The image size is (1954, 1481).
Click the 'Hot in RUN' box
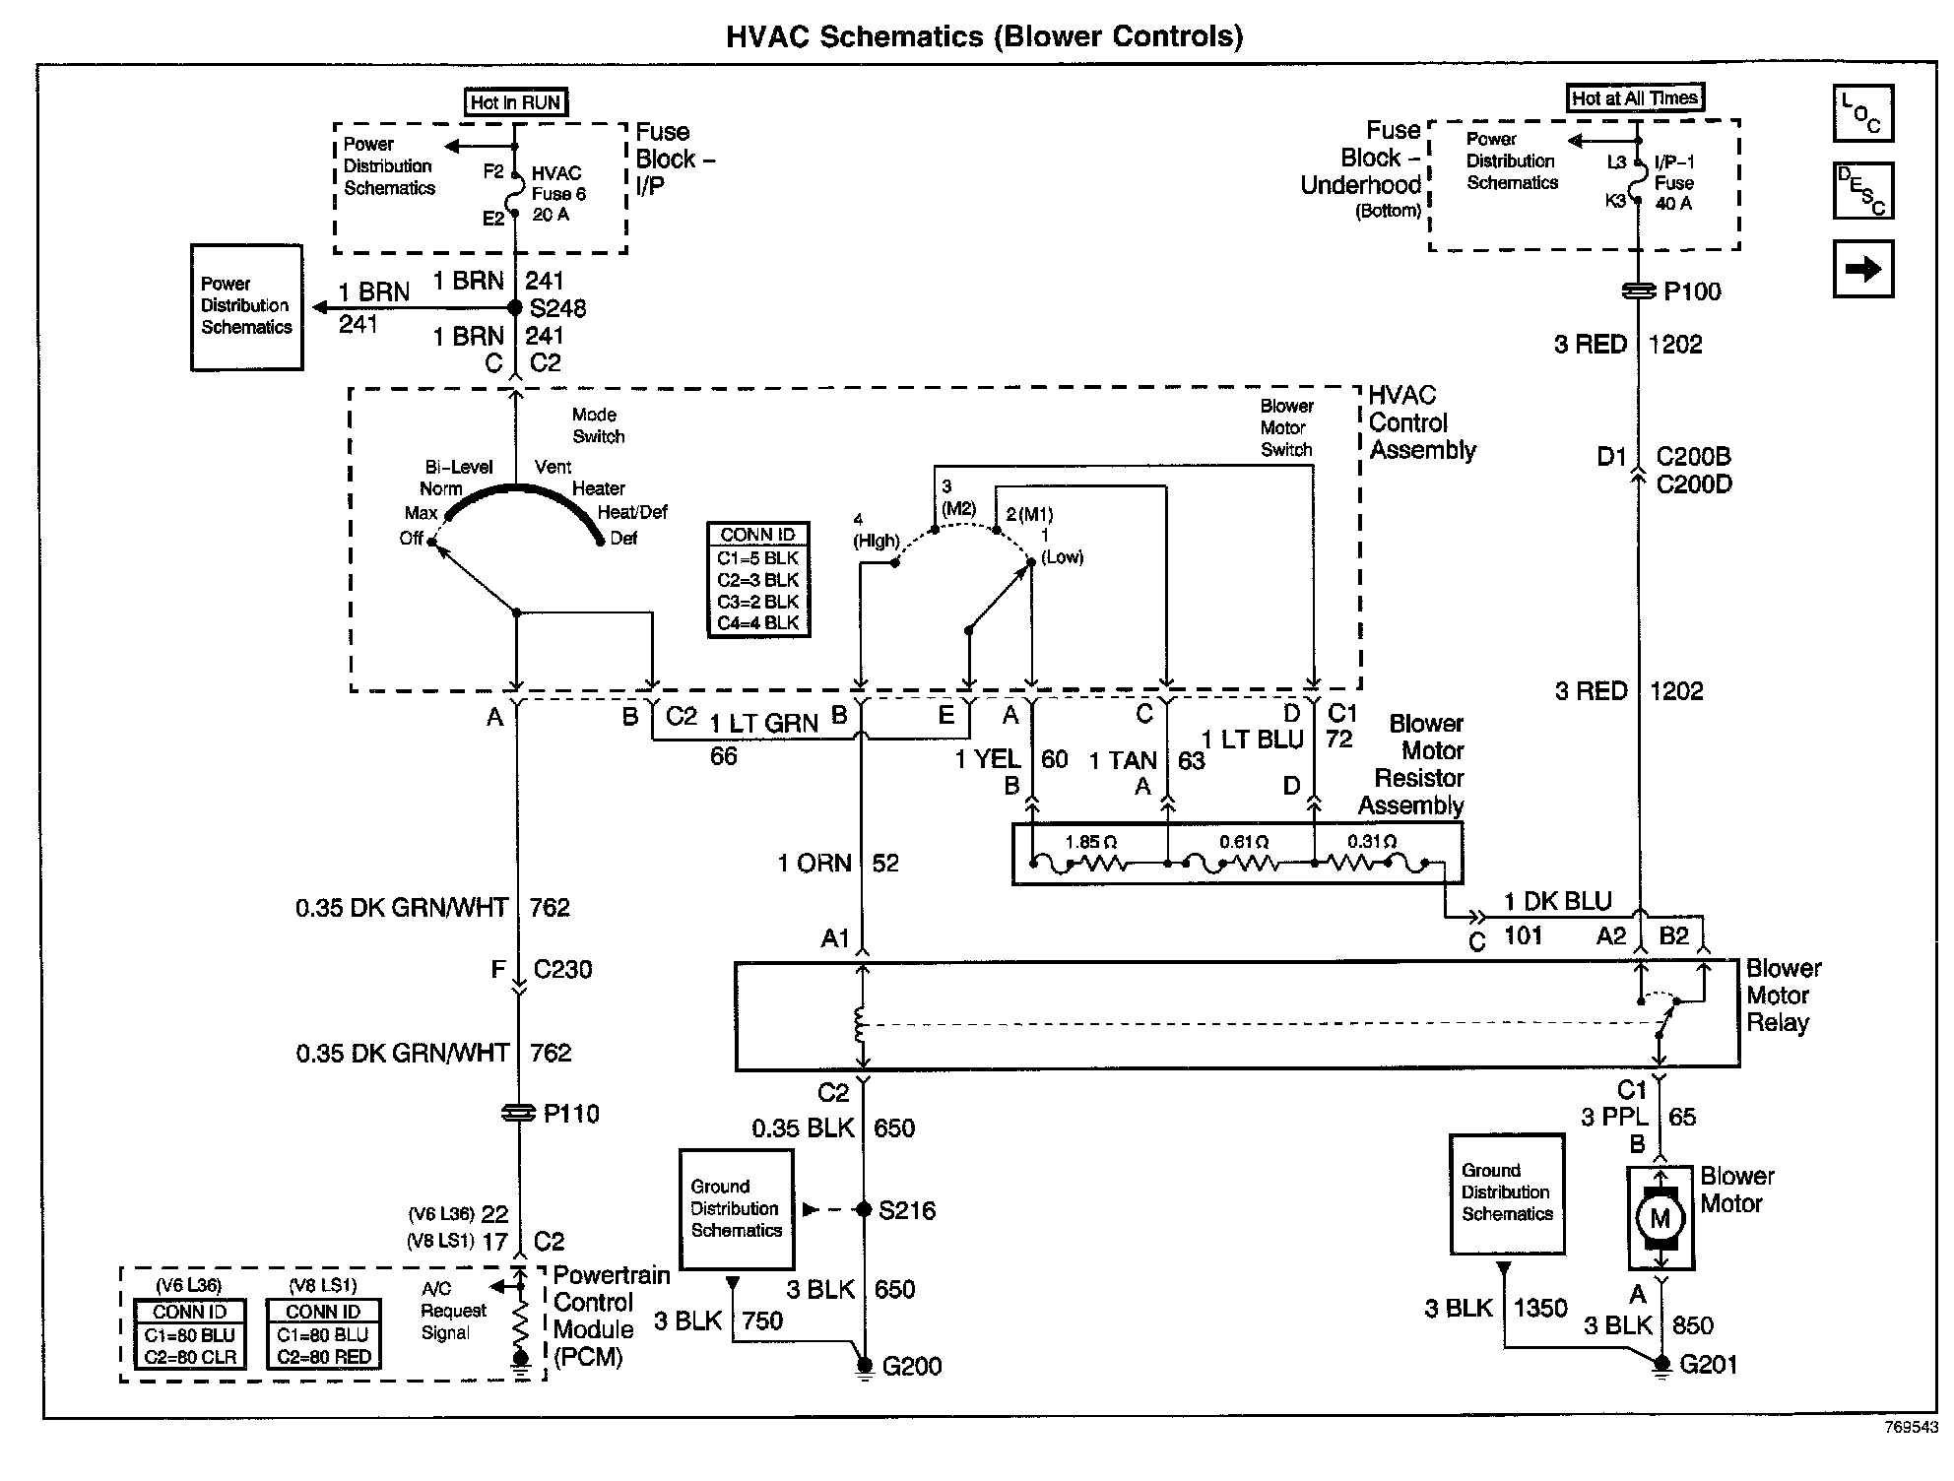(516, 102)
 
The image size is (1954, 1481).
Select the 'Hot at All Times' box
(1635, 97)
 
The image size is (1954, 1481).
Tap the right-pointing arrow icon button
(1862, 269)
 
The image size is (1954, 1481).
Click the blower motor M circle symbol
(1660, 1218)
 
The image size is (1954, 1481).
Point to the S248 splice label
(557, 308)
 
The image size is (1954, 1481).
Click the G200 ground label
(912, 1366)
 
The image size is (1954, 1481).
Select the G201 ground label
(1709, 1364)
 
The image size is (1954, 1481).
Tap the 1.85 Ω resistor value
(1091, 843)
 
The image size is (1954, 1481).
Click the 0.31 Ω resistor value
(1372, 842)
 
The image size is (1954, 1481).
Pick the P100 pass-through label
(1692, 291)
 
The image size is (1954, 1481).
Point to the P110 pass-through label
(571, 1114)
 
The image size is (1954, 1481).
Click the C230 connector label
(562, 970)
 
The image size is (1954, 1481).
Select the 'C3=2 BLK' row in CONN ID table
(758, 602)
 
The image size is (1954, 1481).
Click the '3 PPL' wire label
(1614, 1117)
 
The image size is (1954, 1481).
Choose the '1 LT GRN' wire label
(763, 724)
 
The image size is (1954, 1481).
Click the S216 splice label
(907, 1210)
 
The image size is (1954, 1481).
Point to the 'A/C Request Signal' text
(453, 1311)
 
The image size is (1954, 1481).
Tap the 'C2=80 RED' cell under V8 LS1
(324, 1357)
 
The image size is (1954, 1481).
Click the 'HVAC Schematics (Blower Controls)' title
(984, 36)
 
